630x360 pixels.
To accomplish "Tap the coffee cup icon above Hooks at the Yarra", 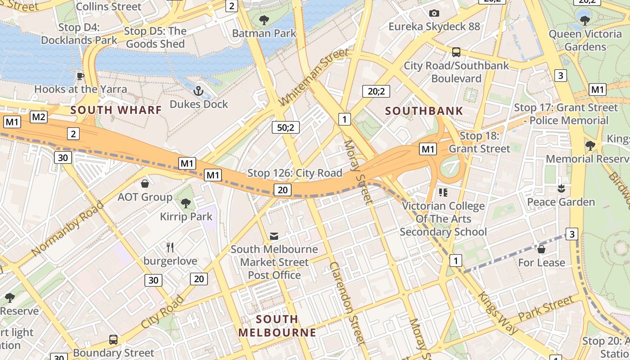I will (x=81, y=76).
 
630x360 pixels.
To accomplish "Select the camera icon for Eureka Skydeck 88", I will (x=434, y=13).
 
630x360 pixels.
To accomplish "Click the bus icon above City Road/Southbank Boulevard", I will (x=456, y=52).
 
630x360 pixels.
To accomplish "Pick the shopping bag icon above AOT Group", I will (x=145, y=184).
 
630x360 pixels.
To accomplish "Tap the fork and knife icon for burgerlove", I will (x=170, y=247).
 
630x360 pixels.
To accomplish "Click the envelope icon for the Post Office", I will (x=274, y=236).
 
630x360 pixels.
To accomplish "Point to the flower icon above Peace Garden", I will (x=561, y=189).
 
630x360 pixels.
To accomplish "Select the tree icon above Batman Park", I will (x=264, y=20).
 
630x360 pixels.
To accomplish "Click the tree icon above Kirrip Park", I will (x=186, y=203).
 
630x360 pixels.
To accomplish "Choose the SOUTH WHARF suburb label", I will (x=116, y=110).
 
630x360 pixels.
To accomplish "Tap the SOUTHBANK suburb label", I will (x=424, y=111).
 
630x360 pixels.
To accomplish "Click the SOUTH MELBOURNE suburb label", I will (x=277, y=326).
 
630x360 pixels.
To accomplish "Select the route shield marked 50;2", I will (x=285, y=128).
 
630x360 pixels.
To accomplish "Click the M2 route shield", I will (x=39, y=117).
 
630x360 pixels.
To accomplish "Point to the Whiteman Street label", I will (x=314, y=78).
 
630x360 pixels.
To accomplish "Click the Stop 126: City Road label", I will (x=295, y=173).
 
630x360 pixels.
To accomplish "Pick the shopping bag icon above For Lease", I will (x=541, y=249).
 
